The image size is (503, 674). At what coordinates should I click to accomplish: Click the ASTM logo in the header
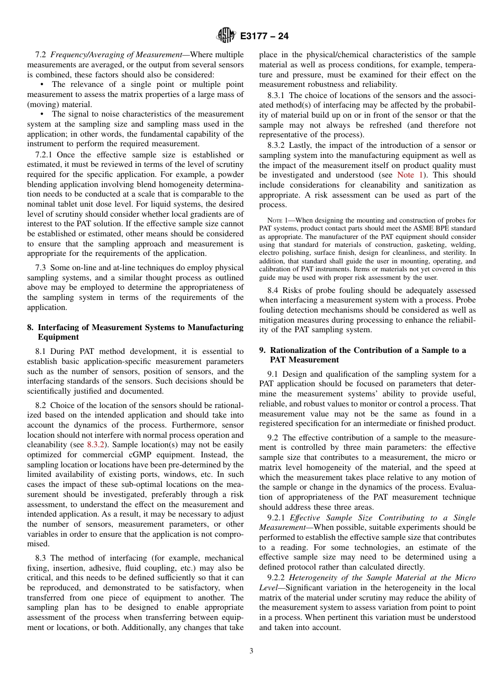pyautogui.click(x=226, y=36)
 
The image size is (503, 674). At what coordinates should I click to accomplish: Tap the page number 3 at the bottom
pyautogui.click(x=251, y=651)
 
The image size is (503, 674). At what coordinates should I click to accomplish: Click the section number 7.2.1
pyautogui.click(x=45, y=155)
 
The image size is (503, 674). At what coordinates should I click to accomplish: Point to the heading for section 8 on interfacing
pyautogui.click(x=136, y=332)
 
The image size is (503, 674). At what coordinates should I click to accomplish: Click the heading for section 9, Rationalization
pyautogui.click(x=363, y=355)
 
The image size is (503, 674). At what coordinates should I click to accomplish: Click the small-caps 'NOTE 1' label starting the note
pyautogui.click(x=276, y=220)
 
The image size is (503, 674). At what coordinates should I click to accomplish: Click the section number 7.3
pyautogui.click(x=41, y=268)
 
